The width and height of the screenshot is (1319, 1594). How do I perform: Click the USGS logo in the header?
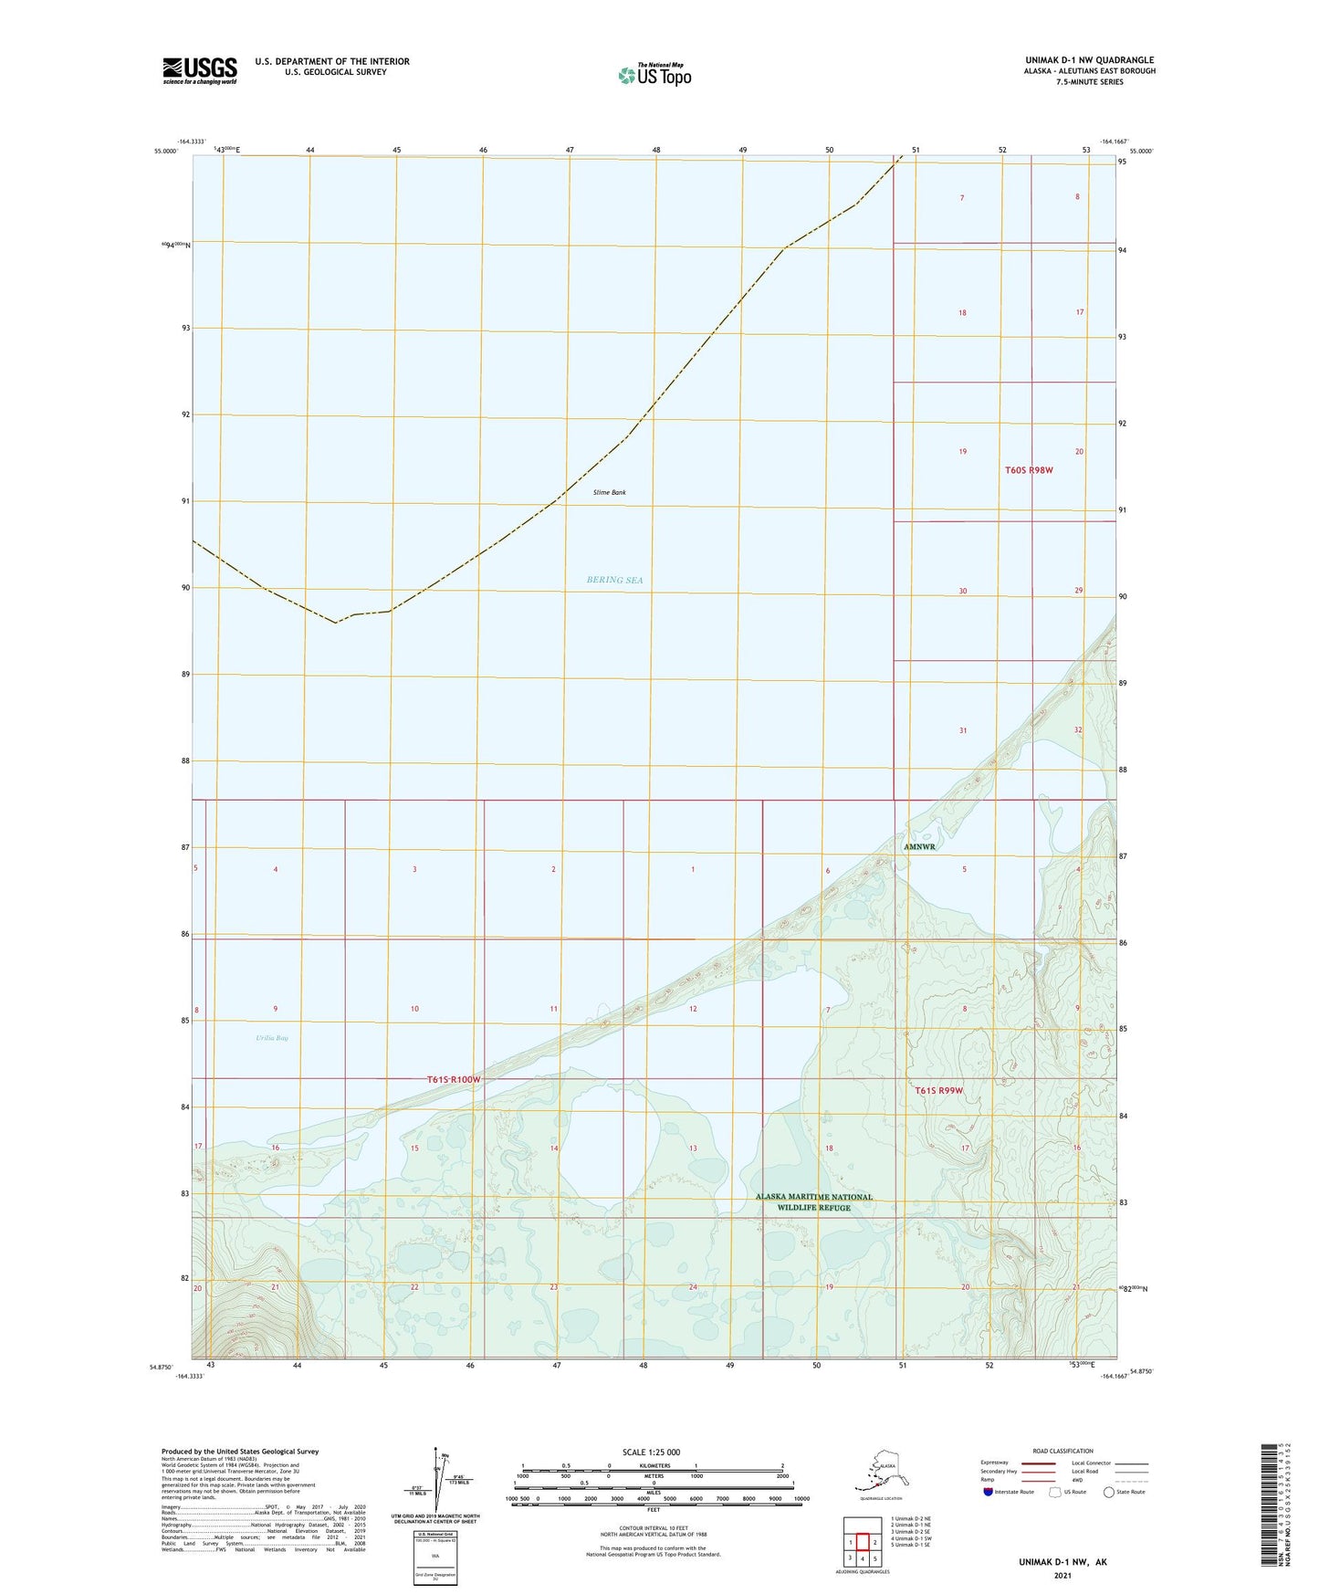coord(200,70)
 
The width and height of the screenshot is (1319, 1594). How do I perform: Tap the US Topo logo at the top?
coord(654,75)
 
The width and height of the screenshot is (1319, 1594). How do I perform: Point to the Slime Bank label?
coord(610,493)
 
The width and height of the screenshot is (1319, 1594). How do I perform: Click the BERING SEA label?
coord(614,580)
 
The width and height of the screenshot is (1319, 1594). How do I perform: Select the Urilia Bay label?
coord(272,1038)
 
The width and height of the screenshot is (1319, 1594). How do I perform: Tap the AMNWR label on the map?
coord(919,847)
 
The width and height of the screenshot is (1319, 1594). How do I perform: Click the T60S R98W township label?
coord(1029,470)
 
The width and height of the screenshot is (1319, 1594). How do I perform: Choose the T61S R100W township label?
coord(454,1080)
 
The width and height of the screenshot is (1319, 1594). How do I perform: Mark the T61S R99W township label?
coord(939,1091)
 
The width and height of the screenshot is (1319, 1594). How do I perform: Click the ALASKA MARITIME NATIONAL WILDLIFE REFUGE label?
coord(813,1202)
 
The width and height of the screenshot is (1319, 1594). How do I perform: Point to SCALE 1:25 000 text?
coord(651,1452)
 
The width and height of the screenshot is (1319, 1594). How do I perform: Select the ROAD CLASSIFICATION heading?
coord(1063,1451)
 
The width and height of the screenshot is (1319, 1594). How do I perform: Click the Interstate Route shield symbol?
coord(989,1492)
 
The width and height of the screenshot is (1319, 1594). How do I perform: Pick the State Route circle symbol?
coord(1109,1492)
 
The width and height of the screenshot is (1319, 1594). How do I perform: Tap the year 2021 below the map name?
coord(1062,1576)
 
